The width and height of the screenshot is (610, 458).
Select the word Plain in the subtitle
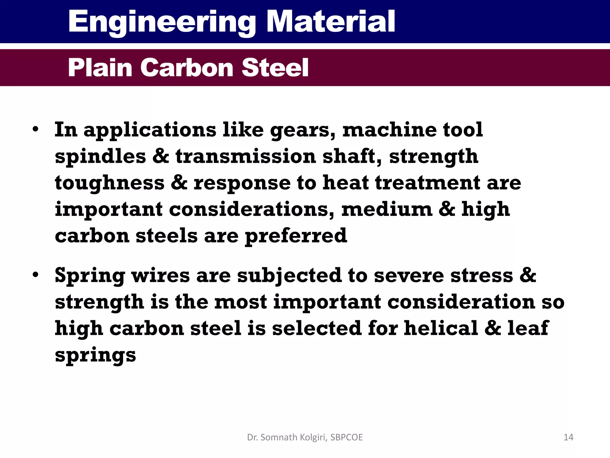100,68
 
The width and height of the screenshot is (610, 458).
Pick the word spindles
100,157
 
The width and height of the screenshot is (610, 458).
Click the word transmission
246,156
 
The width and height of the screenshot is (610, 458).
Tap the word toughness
110,183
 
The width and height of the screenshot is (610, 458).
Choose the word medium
387,209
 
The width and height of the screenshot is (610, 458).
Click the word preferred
296,236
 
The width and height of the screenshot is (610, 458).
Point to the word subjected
289,276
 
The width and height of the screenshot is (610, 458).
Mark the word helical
441,328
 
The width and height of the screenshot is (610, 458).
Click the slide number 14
568,437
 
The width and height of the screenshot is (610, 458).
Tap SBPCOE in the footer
346,437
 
